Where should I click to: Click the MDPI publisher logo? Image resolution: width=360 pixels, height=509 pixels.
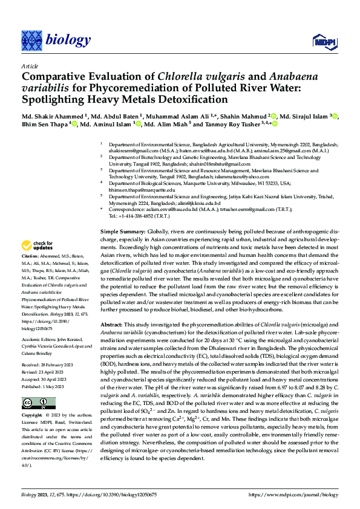[321, 41]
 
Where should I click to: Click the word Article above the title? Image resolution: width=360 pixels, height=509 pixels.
[29, 66]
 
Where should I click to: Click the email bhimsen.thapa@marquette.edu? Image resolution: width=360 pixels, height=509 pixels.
[142, 190]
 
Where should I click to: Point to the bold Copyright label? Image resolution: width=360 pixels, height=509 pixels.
[32, 416]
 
